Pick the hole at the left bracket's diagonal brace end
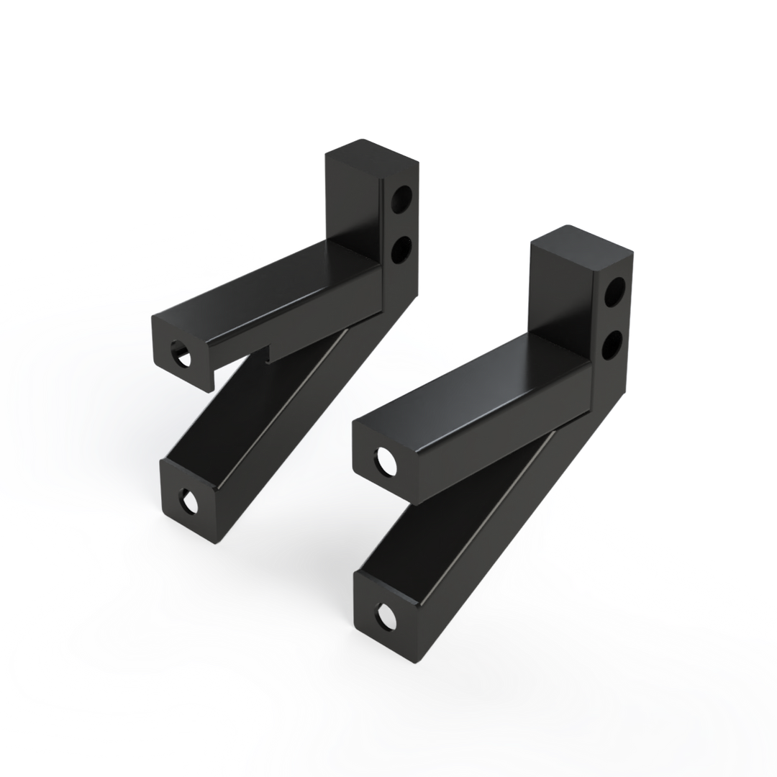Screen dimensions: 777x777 coord(189,501)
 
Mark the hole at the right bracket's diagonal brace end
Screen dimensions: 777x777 coord(388,615)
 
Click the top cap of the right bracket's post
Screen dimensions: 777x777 coord(581,245)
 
